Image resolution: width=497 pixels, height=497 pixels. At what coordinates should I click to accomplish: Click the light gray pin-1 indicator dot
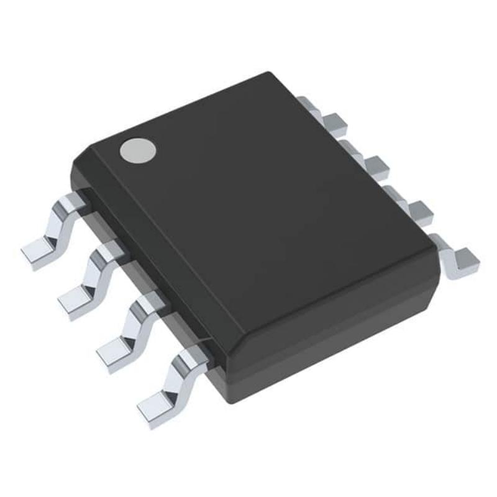(138, 151)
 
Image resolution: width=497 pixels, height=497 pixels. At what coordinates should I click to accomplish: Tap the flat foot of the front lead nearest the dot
(39, 253)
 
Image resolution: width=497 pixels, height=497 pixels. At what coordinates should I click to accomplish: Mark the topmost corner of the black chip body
(268, 75)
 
